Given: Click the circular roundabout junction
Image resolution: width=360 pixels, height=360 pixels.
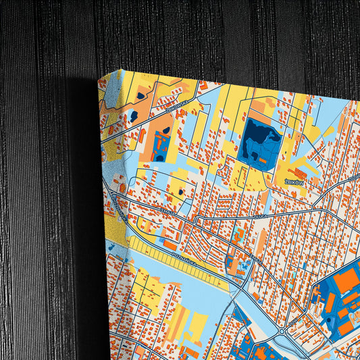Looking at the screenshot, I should (x=282, y=332).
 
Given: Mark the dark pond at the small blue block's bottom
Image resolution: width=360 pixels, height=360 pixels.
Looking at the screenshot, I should (x=159, y=157).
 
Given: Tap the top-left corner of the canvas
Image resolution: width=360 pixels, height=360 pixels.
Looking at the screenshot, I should (x=99, y=78).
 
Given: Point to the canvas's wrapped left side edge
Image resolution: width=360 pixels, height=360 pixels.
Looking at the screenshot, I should (x=111, y=223).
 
